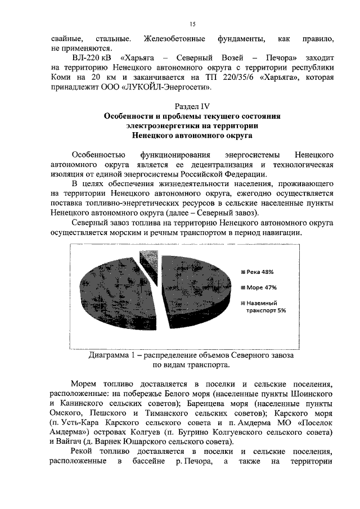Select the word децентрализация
pyautogui.click(x=218, y=164)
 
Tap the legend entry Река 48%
pyautogui.click(x=256, y=272)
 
